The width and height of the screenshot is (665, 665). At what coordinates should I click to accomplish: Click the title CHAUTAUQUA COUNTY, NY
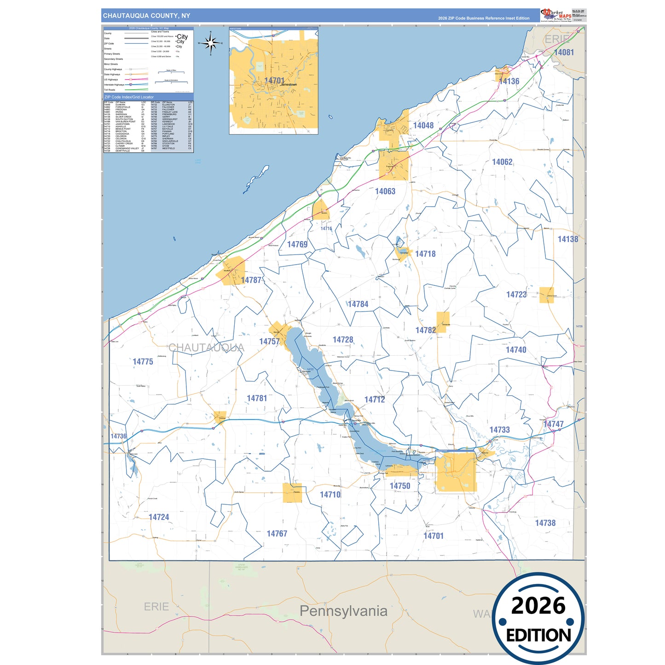[146, 16]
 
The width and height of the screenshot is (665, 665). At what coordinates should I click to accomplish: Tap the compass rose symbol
[211, 44]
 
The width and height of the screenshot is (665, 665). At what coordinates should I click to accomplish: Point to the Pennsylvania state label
[343, 611]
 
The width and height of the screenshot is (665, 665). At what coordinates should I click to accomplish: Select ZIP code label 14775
[143, 362]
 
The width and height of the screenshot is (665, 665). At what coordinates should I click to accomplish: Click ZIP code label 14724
[159, 517]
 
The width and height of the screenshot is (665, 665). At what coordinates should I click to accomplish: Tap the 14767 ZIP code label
[277, 534]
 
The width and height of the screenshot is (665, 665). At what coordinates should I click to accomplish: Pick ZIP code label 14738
[545, 523]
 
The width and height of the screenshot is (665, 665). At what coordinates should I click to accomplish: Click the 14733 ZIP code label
[499, 430]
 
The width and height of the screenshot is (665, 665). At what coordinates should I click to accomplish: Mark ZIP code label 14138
[567, 239]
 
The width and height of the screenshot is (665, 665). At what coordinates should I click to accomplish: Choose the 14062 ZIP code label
[502, 162]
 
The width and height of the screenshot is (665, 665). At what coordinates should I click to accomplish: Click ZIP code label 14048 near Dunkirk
[423, 126]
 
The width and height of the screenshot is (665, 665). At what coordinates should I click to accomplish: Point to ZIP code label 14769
[297, 244]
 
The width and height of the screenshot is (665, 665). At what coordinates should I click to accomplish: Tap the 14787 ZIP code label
[251, 280]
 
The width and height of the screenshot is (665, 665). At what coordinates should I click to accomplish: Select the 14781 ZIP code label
[257, 399]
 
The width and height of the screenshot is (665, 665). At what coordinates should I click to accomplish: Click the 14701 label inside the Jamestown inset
[274, 81]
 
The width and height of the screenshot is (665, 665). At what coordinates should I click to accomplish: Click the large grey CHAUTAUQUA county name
[206, 348]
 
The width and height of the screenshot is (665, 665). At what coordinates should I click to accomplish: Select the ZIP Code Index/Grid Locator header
[129, 97]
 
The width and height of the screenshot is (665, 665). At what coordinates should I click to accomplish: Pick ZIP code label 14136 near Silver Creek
[509, 81]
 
